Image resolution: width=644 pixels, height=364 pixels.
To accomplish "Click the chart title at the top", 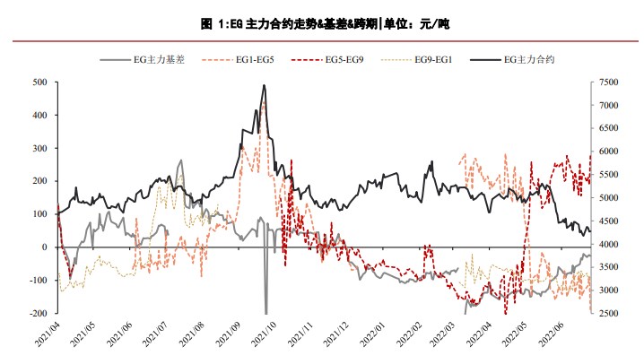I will (321, 24).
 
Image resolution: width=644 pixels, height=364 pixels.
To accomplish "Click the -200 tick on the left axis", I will (36, 314).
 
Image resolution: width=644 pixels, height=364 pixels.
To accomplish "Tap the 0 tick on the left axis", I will (45, 247).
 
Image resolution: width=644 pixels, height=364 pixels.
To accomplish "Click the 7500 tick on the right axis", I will (608, 82).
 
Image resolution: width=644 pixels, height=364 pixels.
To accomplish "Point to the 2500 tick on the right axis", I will (608, 314).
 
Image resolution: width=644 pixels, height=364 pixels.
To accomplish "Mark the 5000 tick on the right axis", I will (608, 198).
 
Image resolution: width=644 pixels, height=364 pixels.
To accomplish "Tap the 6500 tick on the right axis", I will (608, 129).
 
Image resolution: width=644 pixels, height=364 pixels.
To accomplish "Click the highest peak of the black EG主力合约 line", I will (264, 86).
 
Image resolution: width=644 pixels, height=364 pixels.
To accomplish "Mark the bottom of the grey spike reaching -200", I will (266, 312).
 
